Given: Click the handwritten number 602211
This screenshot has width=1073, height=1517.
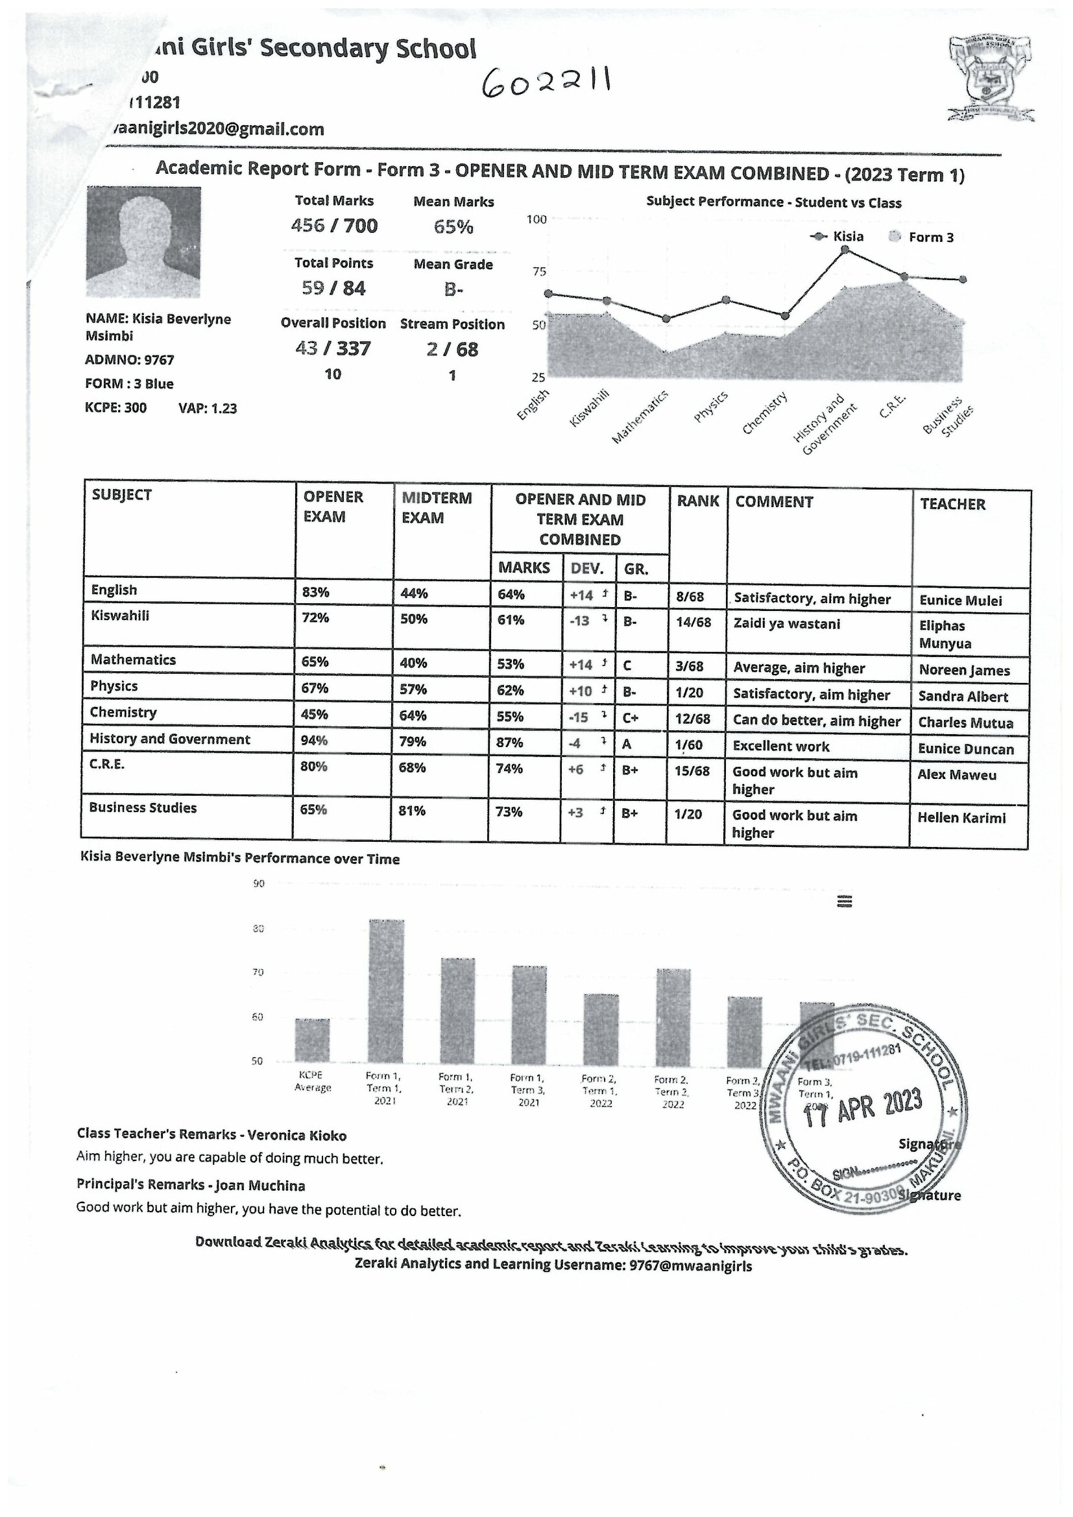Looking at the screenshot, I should (546, 84).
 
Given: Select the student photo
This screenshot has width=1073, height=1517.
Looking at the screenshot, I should (143, 242).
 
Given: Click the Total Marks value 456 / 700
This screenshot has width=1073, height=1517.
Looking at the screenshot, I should (334, 226).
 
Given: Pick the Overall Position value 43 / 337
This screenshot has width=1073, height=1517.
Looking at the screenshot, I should (333, 348).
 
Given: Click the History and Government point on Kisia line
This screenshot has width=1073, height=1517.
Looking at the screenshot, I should (845, 250).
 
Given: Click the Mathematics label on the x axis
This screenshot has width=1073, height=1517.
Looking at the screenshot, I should (640, 416).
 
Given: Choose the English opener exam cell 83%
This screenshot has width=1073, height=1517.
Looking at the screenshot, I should (315, 592).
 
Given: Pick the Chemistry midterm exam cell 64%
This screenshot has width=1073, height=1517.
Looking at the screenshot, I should (414, 715).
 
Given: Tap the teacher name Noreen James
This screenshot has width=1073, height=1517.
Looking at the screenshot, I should (964, 671).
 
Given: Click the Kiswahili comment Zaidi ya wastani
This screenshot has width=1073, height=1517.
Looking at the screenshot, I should (786, 624).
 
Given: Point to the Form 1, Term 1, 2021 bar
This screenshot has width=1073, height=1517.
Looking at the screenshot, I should (386, 991).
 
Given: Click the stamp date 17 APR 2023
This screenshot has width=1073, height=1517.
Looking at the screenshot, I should (862, 1108).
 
